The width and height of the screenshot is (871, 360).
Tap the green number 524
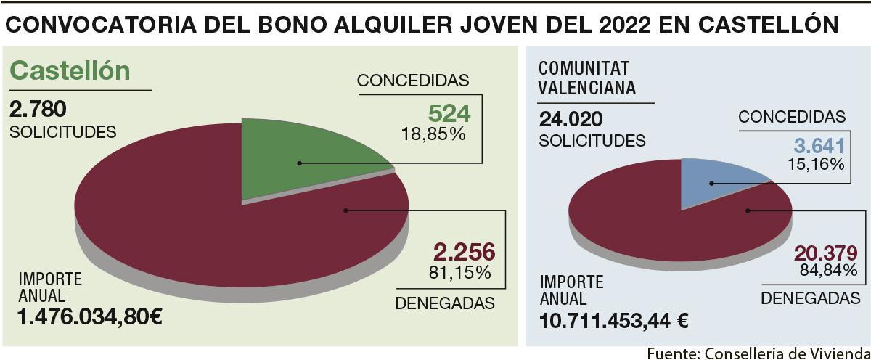(449, 113)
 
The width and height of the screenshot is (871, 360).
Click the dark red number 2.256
(464, 252)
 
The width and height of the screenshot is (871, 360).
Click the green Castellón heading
(70, 70)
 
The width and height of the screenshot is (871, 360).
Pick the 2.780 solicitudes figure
(38, 110)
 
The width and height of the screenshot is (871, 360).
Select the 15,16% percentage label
(816, 165)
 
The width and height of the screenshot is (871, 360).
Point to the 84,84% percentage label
(827, 271)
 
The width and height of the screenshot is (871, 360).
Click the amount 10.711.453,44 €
(613, 320)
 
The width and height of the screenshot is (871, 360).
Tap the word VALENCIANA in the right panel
(587, 88)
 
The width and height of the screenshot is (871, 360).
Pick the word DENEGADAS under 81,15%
(445, 303)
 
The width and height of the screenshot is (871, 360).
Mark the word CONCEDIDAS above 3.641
(792, 118)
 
